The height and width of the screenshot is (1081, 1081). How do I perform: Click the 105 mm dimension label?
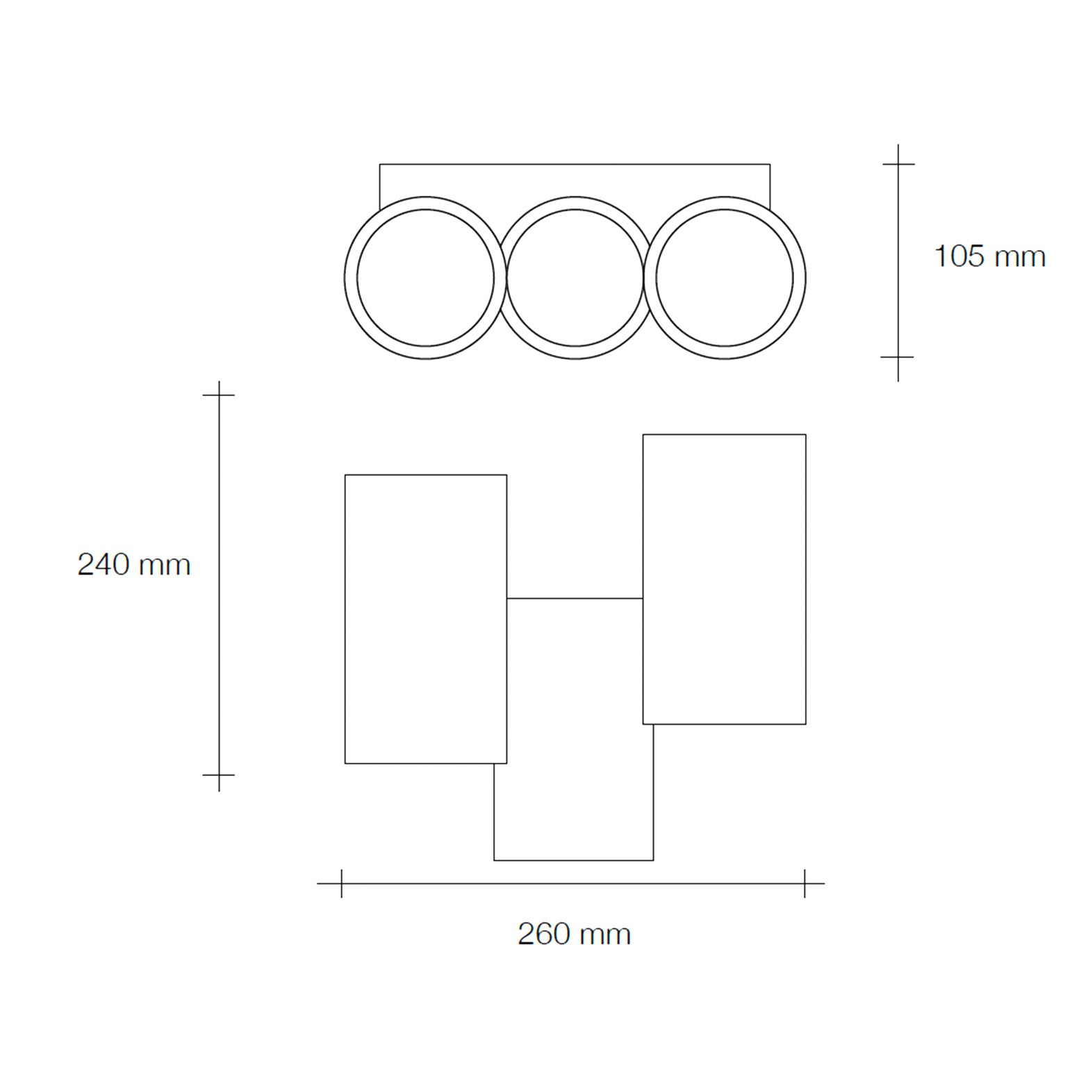(989, 256)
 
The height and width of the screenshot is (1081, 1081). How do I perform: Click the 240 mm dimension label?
(134, 564)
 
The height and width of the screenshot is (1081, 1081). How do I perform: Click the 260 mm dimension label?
(574, 934)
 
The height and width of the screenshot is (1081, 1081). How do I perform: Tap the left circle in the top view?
(425, 278)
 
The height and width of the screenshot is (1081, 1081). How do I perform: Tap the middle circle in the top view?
(575, 278)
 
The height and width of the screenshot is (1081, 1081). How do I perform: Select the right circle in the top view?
(724, 278)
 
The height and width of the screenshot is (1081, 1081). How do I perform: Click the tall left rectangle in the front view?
(425, 619)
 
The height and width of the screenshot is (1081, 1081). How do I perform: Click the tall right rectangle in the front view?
(724, 579)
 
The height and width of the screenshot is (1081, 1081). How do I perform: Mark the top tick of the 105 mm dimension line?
(898, 164)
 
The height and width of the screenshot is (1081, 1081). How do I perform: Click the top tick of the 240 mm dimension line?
(219, 395)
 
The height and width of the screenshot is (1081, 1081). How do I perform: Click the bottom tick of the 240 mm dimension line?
(219, 774)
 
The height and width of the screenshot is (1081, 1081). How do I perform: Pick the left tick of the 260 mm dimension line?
(341, 884)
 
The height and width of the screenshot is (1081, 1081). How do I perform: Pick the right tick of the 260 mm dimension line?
(804, 884)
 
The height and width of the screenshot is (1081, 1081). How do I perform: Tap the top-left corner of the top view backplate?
(380, 165)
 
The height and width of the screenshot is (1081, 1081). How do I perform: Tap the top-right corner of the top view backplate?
(770, 165)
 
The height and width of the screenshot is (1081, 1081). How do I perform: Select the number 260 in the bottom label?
(543, 934)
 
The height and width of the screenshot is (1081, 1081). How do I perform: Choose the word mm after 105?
(1020, 257)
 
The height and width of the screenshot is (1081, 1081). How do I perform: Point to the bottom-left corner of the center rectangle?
(495, 860)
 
